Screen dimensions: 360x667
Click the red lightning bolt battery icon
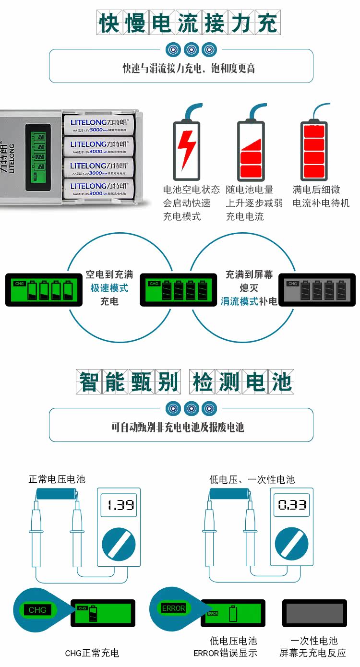tap(186, 150)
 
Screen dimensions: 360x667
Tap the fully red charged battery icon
tap(314, 150)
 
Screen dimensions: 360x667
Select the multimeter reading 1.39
tap(119, 505)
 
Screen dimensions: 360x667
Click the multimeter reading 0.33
tap(292, 505)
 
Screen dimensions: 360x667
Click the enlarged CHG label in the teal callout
tap(37, 610)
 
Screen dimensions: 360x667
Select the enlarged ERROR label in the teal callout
tap(173, 608)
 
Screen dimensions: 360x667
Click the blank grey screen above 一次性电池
tap(314, 613)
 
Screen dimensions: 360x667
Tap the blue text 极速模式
tap(109, 288)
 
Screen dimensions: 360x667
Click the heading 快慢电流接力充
tap(188, 23)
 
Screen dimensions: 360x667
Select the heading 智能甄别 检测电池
tap(185, 382)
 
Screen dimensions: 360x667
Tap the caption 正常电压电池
tap(57, 479)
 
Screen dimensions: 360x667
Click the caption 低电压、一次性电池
tap(252, 479)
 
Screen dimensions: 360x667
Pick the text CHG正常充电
tap(92, 653)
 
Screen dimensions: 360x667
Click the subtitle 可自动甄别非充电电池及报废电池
tap(178, 427)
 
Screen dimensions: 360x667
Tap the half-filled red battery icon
tap(251, 150)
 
